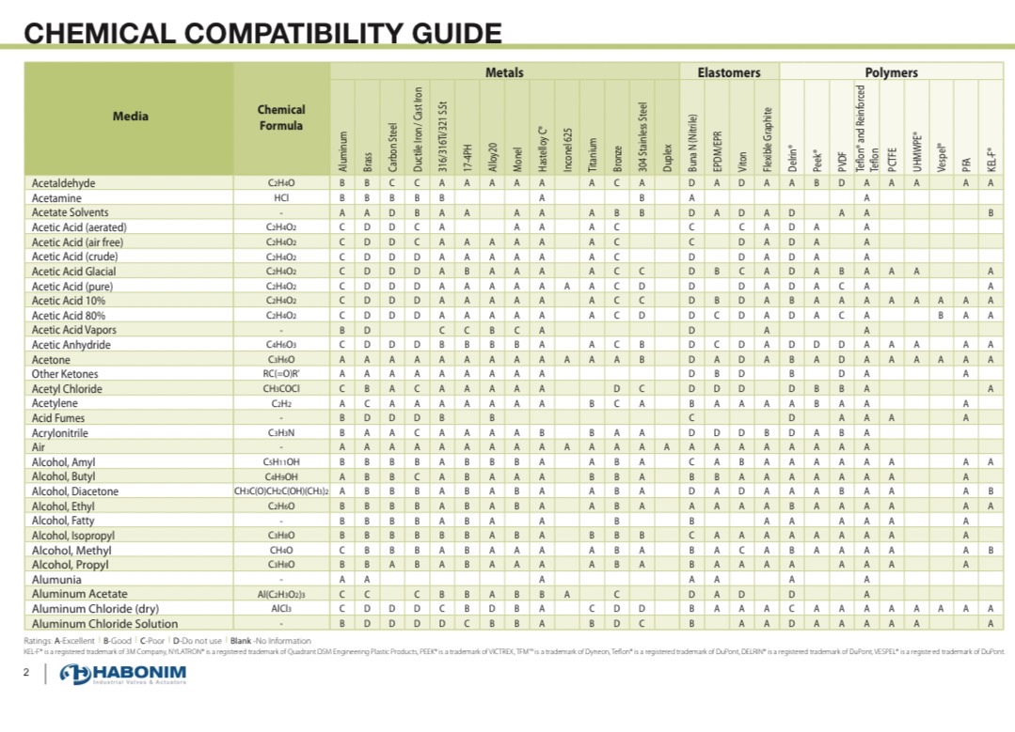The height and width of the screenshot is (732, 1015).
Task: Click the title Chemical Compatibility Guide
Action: click(262, 33)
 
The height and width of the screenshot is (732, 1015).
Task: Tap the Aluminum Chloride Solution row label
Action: click(104, 624)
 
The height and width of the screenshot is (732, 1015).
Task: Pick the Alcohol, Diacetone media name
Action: click(75, 491)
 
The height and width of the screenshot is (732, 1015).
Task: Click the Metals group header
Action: click(504, 72)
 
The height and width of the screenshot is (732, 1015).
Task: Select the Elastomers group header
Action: click(729, 72)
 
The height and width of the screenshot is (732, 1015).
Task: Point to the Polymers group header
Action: click(891, 72)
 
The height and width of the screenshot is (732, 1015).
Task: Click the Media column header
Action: click(130, 117)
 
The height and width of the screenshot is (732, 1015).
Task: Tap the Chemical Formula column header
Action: click(281, 117)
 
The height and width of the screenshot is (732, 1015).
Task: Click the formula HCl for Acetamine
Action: click(281, 198)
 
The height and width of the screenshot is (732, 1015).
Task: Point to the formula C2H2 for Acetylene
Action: click(281, 404)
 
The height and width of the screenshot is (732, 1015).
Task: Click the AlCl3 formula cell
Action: click(281, 609)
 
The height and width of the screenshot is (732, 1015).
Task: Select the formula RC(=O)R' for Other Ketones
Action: click(281, 375)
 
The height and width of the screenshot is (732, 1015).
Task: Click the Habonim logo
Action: click(123, 675)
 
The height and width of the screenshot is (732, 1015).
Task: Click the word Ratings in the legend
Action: click(39, 641)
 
